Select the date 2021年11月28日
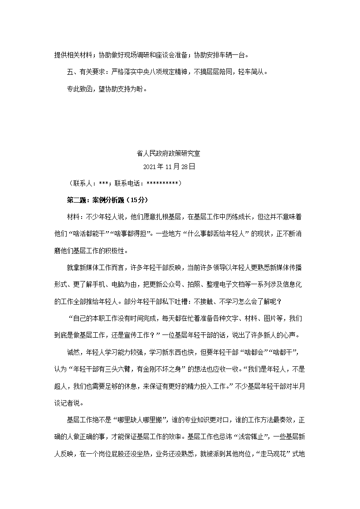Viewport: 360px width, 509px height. (169, 167)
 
